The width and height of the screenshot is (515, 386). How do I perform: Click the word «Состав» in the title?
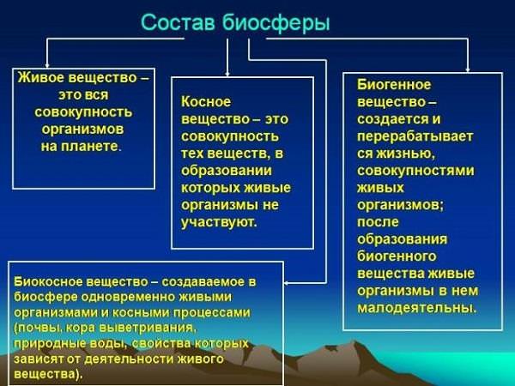(x=178, y=22)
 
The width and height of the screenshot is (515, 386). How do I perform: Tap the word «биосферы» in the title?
(x=276, y=23)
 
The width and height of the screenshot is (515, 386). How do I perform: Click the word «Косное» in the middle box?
(x=206, y=102)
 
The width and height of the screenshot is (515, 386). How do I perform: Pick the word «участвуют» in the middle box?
(x=217, y=222)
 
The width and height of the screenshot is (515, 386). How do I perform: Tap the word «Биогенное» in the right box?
(x=394, y=85)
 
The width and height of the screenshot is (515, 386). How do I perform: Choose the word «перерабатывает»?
(x=415, y=136)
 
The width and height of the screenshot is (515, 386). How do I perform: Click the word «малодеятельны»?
(x=415, y=308)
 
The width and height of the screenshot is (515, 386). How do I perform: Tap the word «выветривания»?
(x=146, y=328)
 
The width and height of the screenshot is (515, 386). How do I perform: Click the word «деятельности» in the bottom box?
(x=130, y=359)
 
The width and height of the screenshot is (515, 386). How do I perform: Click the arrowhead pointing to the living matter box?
(x=47, y=65)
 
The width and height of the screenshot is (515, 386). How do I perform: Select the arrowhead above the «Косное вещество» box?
(x=227, y=74)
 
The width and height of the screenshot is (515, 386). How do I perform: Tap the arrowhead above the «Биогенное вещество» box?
(x=468, y=69)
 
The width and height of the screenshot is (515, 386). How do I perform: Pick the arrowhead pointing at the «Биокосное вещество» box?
(x=287, y=282)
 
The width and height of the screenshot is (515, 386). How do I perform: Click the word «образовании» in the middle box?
(x=227, y=171)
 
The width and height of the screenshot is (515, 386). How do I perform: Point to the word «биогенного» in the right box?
(x=397, y=256)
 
